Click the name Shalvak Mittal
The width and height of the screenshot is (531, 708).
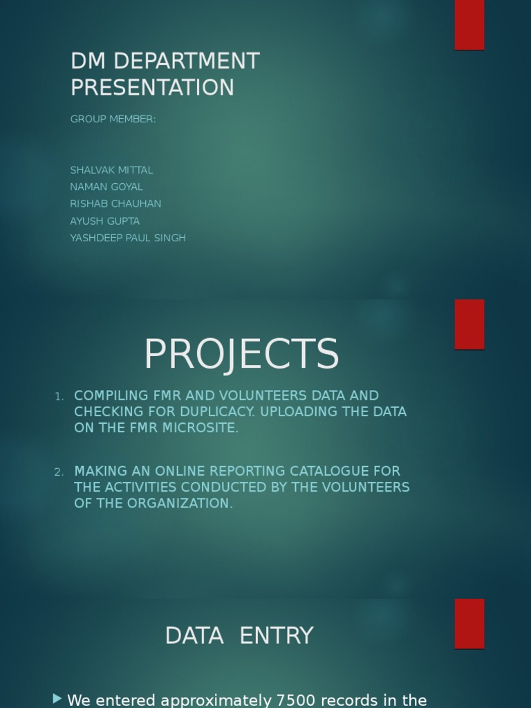pos(111,170)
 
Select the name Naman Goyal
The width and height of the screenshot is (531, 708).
pos(106,187)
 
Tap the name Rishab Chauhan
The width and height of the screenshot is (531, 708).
pos(115,204)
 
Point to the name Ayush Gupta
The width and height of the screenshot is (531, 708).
pos(104,221)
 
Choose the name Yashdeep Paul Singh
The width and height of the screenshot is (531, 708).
pos(128,238)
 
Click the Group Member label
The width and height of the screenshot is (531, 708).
pos(113,119)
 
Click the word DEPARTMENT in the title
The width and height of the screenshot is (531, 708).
pos(185,62)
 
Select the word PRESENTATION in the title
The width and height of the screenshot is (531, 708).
pos(152,88)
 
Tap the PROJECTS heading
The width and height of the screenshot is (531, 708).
pos(241,354)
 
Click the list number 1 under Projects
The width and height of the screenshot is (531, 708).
pos(59,397)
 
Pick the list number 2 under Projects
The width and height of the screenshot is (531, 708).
pos(59,472)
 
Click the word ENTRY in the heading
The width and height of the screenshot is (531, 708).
pos(277,635)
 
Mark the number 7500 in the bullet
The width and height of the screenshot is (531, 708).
pos(297,700)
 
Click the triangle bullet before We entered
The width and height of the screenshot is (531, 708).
pos(57,699)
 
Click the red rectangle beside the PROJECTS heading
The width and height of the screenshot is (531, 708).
pos(469,324)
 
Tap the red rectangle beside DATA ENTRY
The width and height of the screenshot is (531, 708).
pos(469,624)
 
